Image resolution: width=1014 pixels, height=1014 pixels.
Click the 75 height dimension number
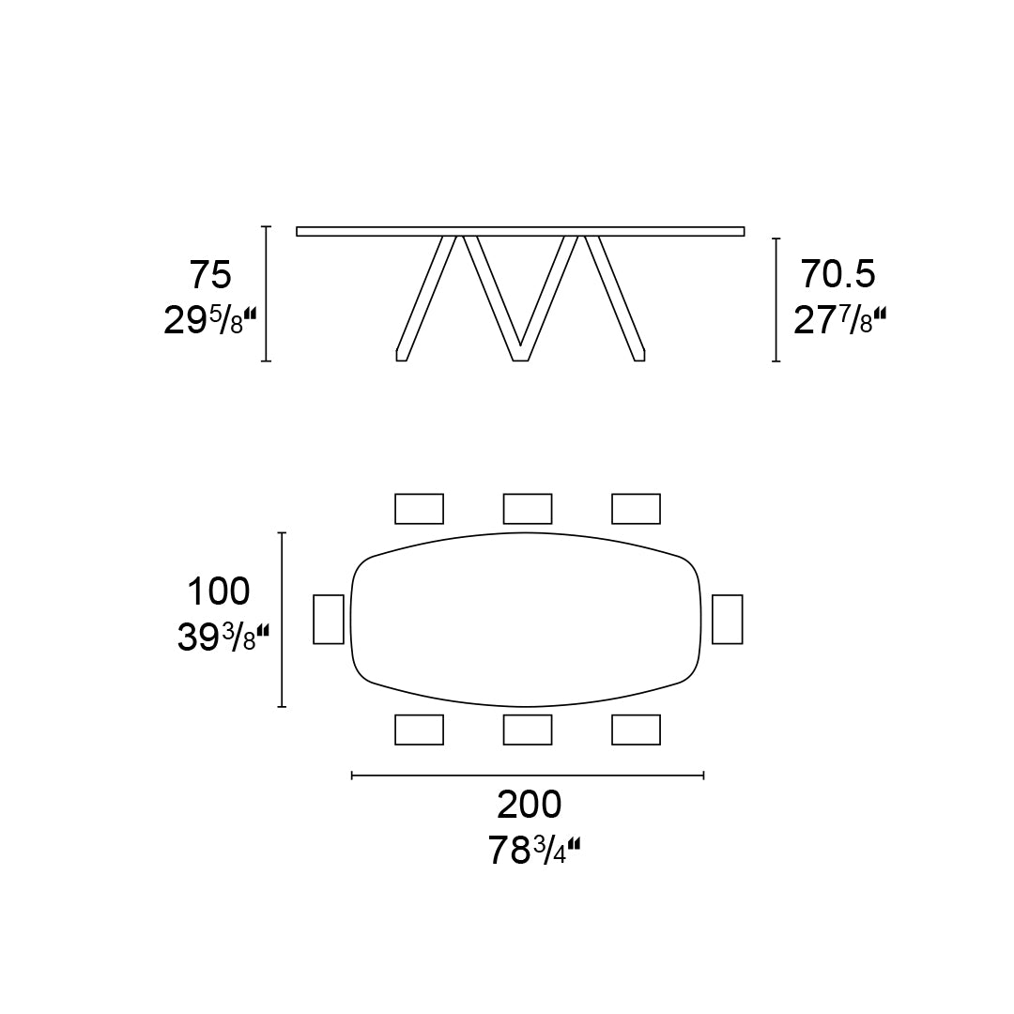coord(209,276)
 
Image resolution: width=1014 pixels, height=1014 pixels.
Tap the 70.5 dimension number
coord(837,274)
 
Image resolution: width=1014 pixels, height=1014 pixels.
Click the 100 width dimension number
coord(218,592)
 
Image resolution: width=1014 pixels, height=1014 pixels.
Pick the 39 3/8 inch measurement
coord(223,638)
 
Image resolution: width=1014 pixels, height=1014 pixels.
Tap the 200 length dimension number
coord(529,805)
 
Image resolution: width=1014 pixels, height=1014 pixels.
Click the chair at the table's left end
coord(329,619)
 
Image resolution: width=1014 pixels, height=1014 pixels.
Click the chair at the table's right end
coord(728,619)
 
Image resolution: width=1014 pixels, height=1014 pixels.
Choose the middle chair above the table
coord(528,508)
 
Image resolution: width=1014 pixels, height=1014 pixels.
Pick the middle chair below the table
coord(528,730)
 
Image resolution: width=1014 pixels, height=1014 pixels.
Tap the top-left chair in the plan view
coord(419,508)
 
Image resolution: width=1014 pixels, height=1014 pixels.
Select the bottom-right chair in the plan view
coord(636,730)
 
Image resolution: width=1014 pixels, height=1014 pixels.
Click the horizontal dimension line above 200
coord(528,775)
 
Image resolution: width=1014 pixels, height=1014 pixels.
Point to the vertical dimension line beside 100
coord(283,620)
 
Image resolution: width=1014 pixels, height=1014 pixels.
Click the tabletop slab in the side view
coord(520,231)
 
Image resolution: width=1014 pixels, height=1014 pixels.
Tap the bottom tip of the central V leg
coord(520,355)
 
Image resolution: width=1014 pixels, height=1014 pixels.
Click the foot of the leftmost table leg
coord(402,355)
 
